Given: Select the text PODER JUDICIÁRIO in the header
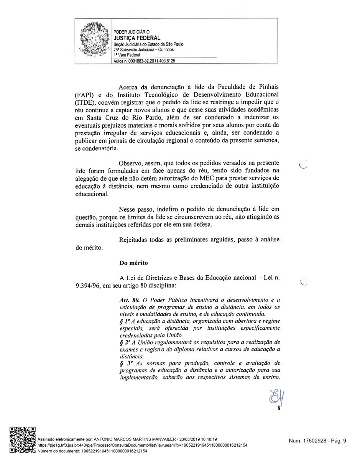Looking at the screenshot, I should (x=132, y=32).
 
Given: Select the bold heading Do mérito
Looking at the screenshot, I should (x=133, y=263).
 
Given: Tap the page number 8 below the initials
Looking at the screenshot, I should (x=279, y=409).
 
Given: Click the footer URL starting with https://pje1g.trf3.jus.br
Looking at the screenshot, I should (x=142, y=445).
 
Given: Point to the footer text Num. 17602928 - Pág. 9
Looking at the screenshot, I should (x=317, y=441).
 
